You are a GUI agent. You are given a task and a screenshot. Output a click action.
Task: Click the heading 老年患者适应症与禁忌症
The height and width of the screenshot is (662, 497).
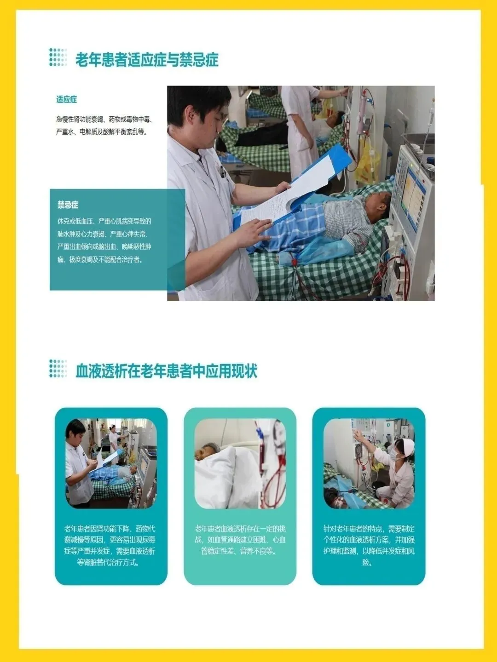point(147,59)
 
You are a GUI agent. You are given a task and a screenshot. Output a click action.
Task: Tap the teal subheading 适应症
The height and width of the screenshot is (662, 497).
point(67,99)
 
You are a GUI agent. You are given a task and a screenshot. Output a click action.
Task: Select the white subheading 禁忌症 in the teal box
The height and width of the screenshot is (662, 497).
point(68,205)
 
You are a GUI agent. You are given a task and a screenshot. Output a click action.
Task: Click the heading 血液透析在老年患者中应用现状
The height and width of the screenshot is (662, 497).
point(166,371)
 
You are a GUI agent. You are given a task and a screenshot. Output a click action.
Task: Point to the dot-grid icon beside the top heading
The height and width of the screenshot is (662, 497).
point(58,57)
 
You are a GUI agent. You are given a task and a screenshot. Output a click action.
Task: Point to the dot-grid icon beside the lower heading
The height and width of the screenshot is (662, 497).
point(58,368)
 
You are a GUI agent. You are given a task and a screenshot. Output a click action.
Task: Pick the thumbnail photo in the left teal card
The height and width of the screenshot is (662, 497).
point(111,463)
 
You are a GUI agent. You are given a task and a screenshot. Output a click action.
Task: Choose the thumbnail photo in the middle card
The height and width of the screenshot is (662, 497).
point(240,463)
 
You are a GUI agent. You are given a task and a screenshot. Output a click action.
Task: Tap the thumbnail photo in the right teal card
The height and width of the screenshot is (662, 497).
point(369,463)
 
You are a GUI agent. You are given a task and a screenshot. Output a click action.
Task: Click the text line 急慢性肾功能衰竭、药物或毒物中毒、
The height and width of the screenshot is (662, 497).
point(104,119)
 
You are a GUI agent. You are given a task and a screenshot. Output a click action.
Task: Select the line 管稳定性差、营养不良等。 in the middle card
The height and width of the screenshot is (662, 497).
point(239,551)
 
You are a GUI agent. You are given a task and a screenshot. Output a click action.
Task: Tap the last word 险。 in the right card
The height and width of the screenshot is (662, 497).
point(369,563)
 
